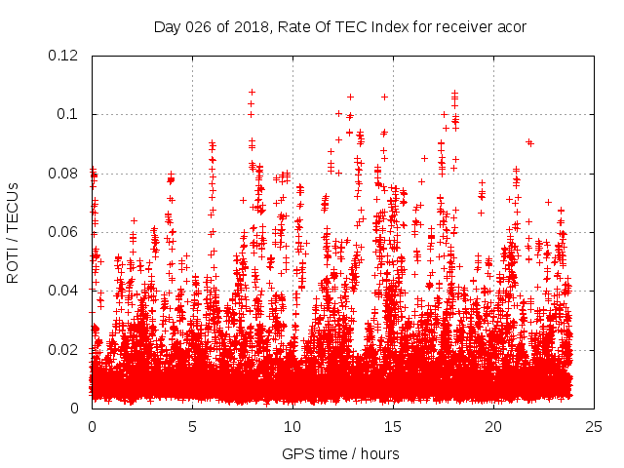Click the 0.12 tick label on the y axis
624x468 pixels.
[x=63, y=56]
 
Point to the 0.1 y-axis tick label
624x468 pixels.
[x=67, y=114]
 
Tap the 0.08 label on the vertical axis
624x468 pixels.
[x=63, y=174]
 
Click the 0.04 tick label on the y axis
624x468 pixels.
[x=63, y=291]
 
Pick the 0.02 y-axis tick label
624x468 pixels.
[x=63, y=349]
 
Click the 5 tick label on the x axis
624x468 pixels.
[x=192, y=427]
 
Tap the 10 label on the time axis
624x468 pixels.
[x=292, y=427]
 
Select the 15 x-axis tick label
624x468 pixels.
[x=393, y=427]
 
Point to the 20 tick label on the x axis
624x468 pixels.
[x=493, y=427]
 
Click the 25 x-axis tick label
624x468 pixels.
[x=594, y=427]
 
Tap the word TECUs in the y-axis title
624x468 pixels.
[x=14, y=207]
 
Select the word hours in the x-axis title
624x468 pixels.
[x=378, y=453]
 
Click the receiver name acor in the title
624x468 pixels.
[x=511, y=26]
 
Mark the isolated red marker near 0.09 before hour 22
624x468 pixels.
[x=529, y=142]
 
